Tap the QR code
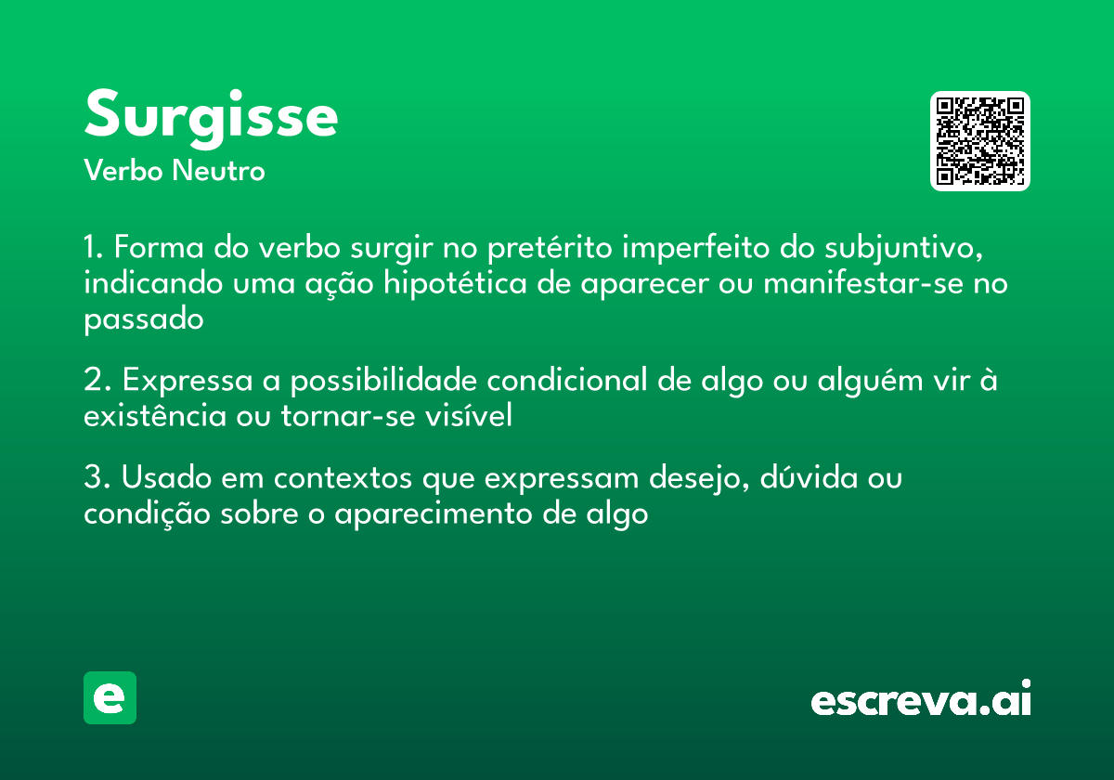coord(980,141)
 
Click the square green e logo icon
coord(110,697)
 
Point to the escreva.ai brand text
coord(921,700)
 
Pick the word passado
coord(143,318)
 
